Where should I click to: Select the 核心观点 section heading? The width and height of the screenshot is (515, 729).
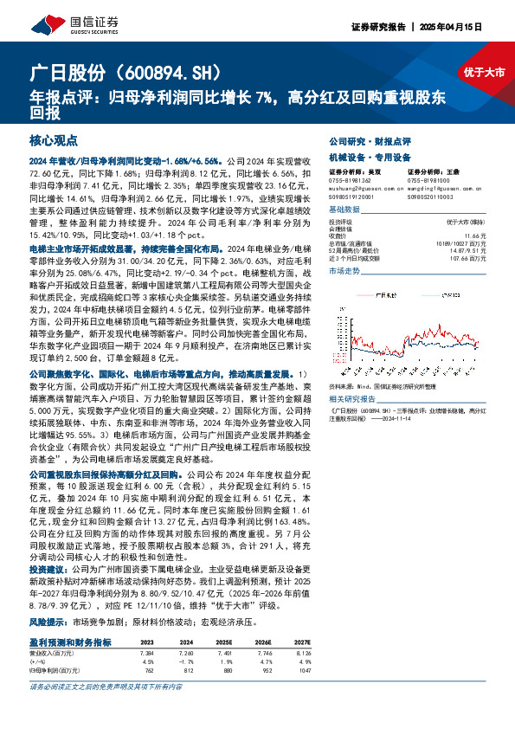click(53, 139)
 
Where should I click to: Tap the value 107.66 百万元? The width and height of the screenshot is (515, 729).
click(482, 258)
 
